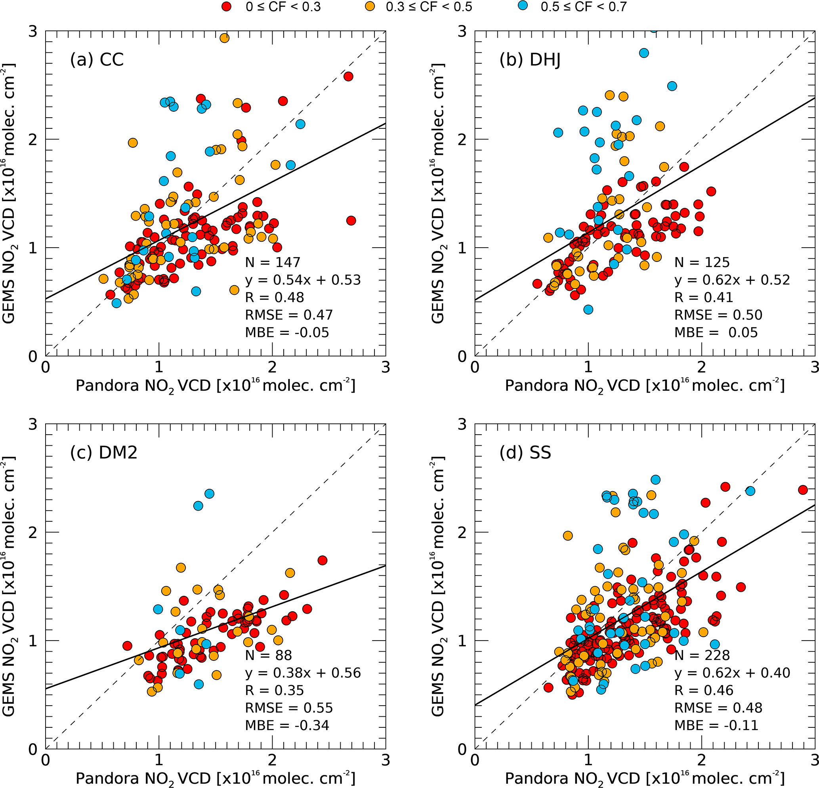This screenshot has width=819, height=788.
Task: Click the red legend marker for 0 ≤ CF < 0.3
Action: click(x=227, y=7)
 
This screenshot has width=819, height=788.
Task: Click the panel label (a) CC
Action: click(x=97, y=59)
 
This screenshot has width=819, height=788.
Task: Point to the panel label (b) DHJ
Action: click(x=530, y=59)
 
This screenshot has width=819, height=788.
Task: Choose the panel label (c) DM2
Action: click(x=104, y=452)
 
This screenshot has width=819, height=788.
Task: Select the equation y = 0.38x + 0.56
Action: click(x=303, y=673)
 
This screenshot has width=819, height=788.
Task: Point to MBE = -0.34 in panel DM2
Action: click(x=287, y=725)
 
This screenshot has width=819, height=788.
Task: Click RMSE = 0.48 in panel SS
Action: click(x=718, y=707)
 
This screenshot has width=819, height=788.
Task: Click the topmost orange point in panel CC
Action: click(x=224, y=38)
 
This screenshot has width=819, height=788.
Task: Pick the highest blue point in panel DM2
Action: click(x=209, y=493)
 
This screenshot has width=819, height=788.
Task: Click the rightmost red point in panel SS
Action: click(x=803, y=490)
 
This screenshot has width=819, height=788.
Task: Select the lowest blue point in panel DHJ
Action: click(x=588, y=309)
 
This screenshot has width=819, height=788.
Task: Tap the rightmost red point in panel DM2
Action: click(x=322, y=560)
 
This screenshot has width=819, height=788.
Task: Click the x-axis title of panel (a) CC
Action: click(x=215, y=385)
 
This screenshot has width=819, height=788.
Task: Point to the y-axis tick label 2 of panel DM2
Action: click(x=32, y=532)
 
